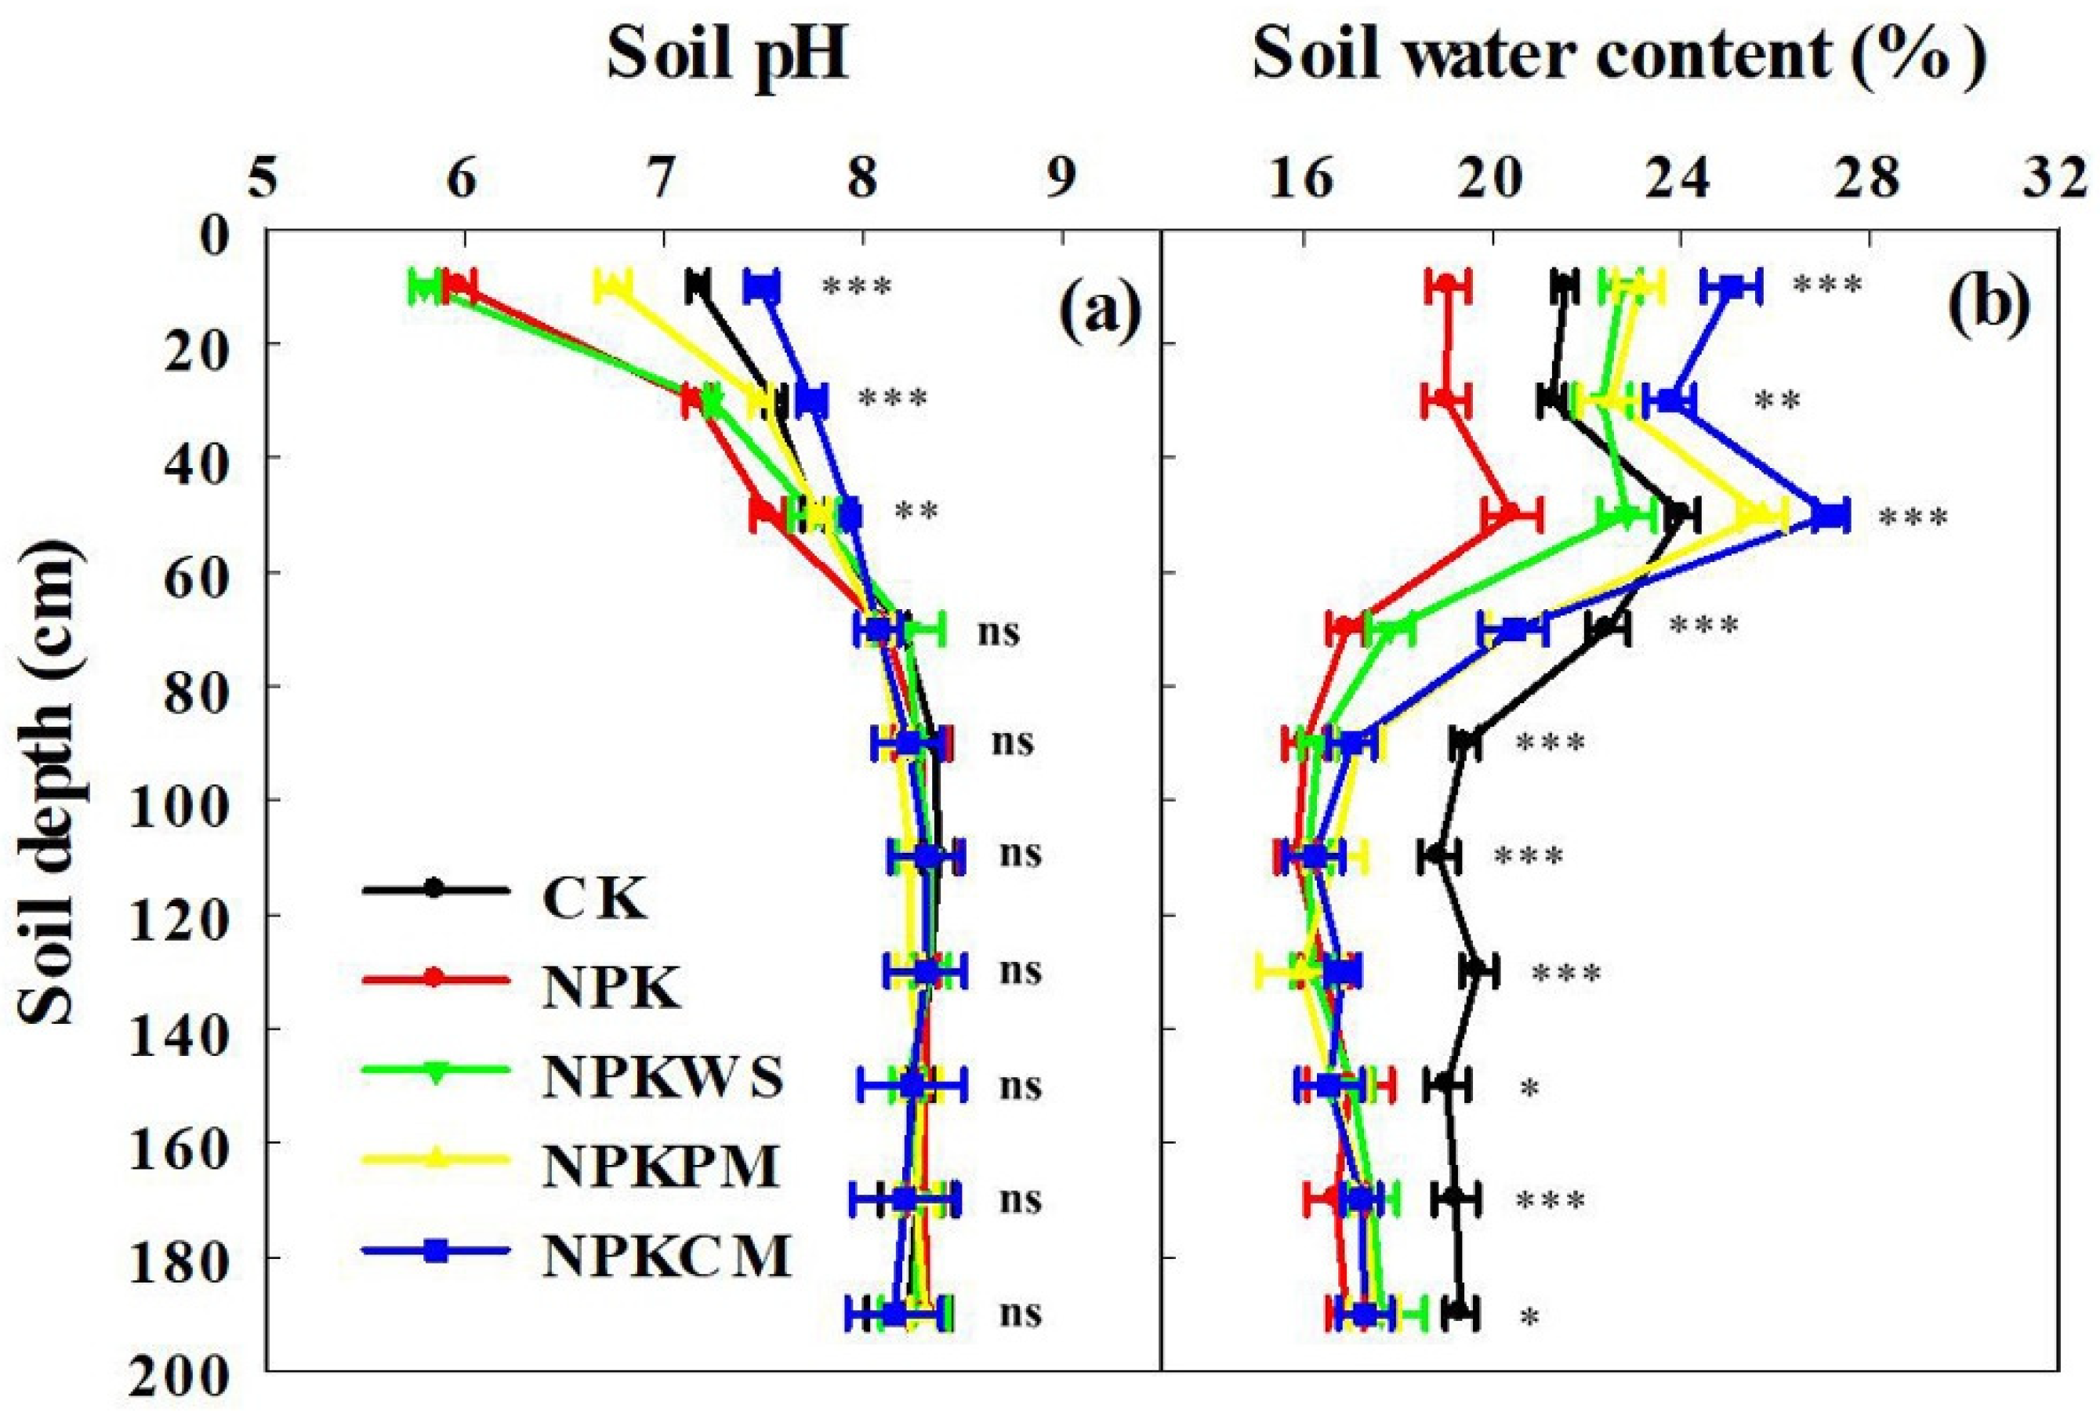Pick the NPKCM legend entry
coord(667,1256)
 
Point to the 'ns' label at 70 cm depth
coord(998,631)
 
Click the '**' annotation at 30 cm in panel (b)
coord(1777,401)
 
